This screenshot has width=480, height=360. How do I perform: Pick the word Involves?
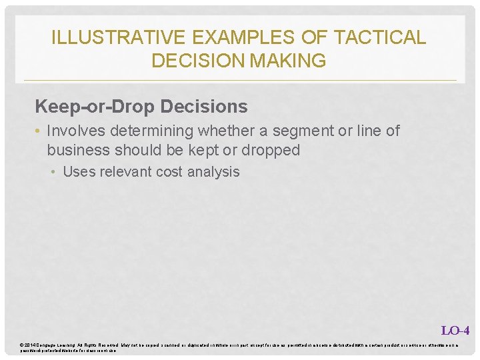75,131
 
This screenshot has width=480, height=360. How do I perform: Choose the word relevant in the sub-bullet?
125,171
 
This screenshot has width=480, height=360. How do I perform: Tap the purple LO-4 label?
455,330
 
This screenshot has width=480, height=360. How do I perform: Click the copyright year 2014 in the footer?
31,345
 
